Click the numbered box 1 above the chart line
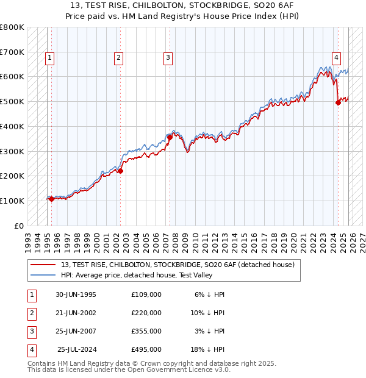49,58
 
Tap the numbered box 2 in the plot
118,58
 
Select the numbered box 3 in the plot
168,58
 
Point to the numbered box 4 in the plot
336,58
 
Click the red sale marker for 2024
338,103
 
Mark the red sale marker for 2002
121,171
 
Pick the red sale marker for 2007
170,138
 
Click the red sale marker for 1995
51,199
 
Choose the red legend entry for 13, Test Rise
178,265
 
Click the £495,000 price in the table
146,350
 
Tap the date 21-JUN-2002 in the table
76,313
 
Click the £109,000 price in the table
146,294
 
